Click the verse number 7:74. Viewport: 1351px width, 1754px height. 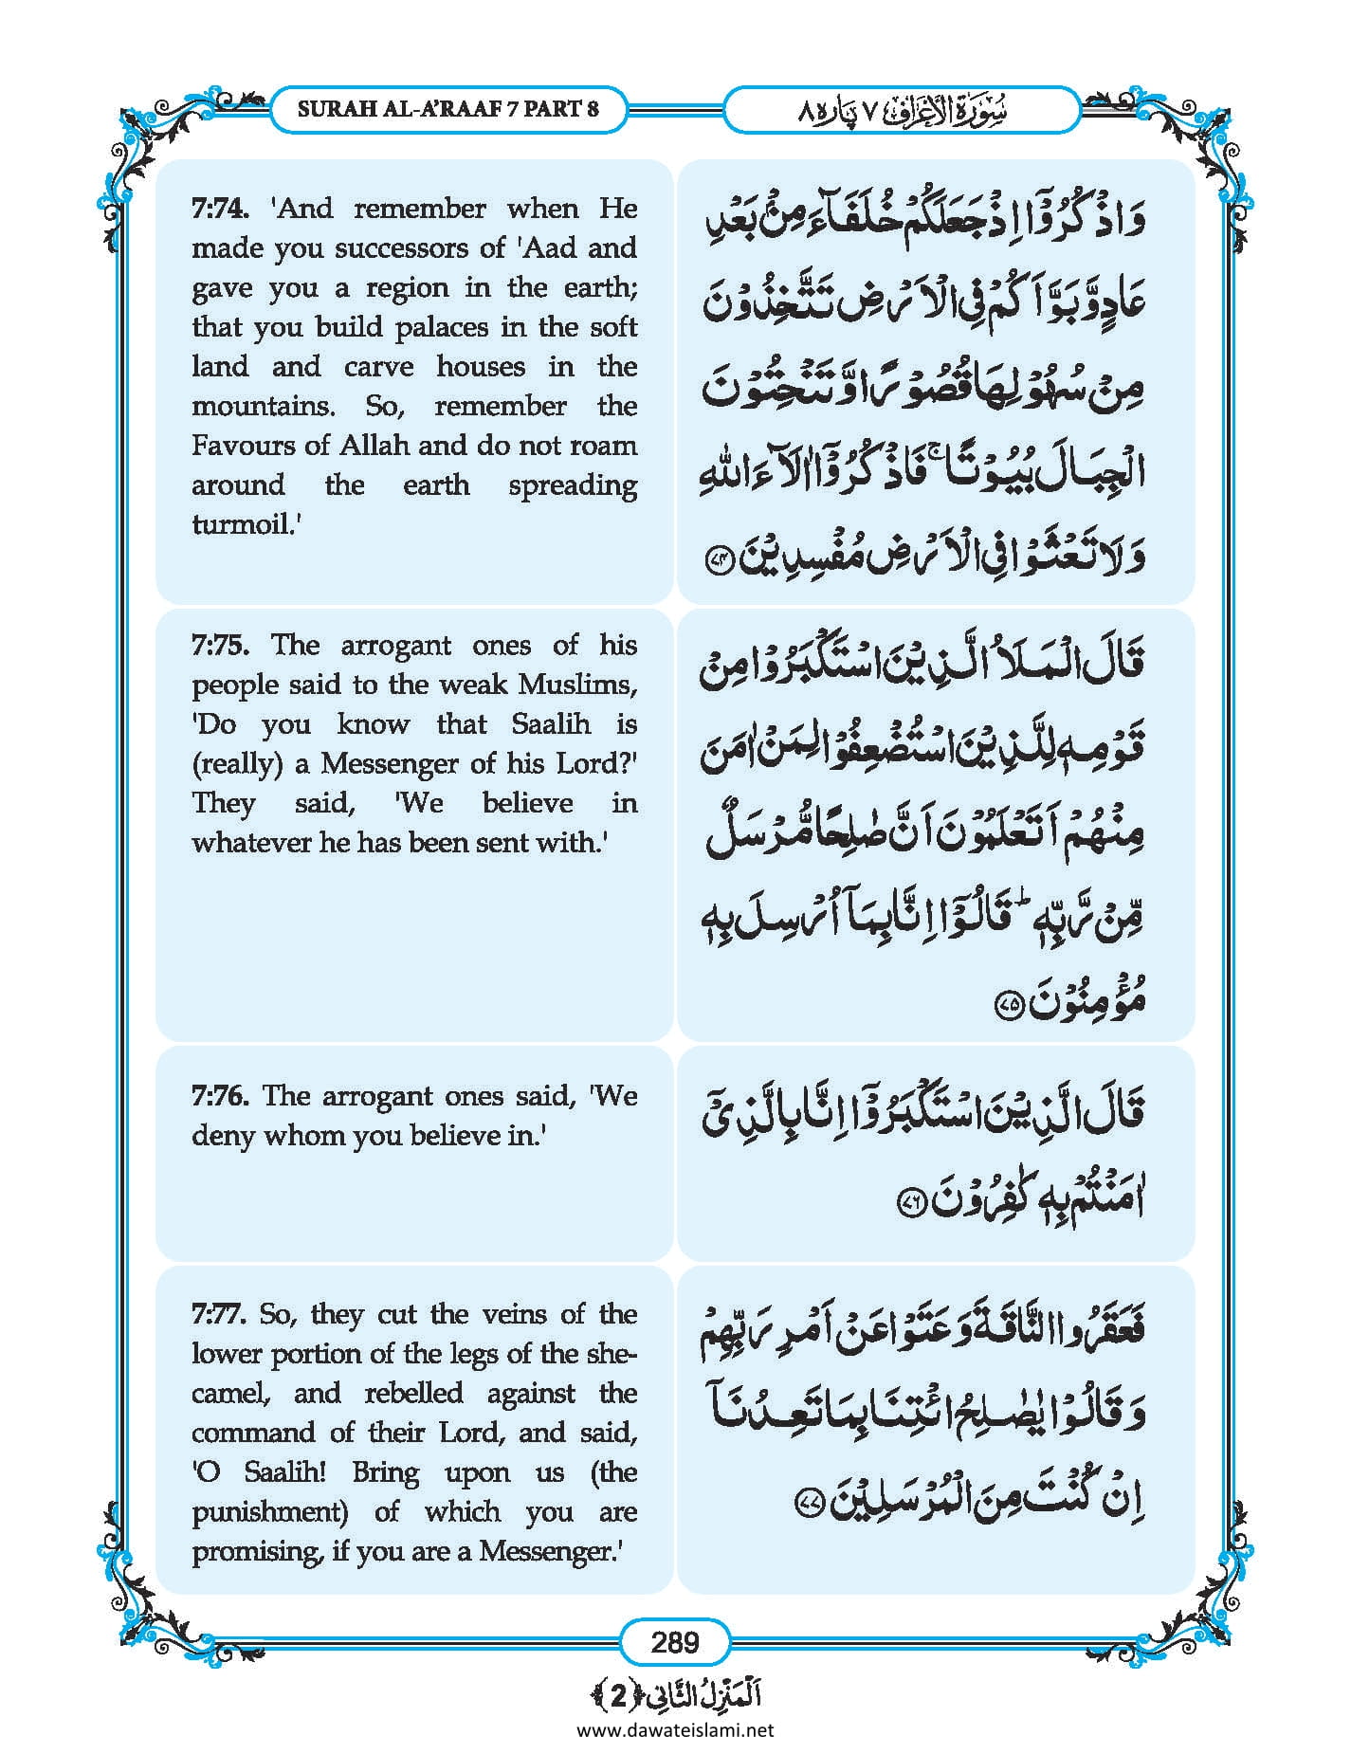coord(220,208)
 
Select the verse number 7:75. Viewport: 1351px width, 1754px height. coord(220,645)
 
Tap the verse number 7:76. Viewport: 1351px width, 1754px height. coord(220,1095)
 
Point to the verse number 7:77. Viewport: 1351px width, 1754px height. coord(220,1314)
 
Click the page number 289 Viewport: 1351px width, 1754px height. coord(675,1641)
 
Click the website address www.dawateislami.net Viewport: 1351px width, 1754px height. coord(675,1730)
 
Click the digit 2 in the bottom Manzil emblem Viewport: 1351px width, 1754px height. coord(618,1697)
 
